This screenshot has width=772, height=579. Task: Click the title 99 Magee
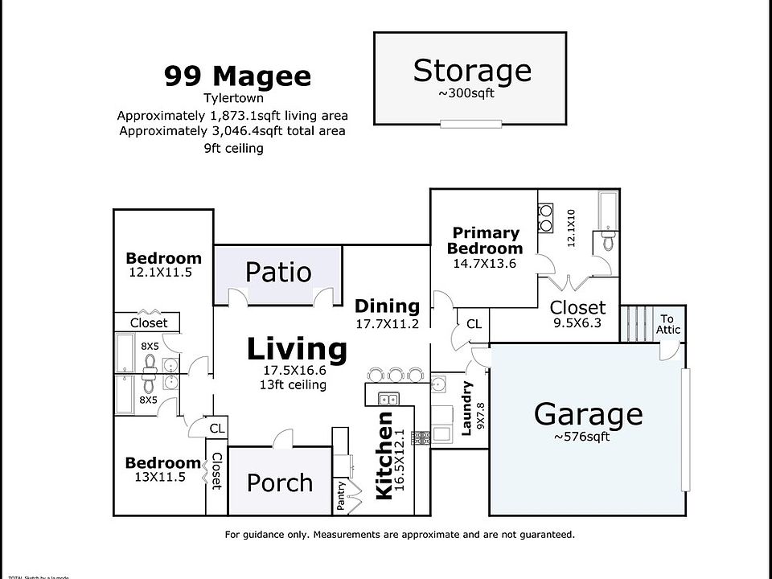click(x=237, y=76)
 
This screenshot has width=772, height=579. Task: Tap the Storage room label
click(x=472, y=71)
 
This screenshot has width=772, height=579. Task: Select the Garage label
click(x=589, y=414)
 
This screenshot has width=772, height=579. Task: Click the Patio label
click(x=278, y=272)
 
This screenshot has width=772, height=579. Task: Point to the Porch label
click(x=279, y=482)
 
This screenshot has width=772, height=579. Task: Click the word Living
click(x=297, y=350)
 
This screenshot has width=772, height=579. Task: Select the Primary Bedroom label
click(x=484, y=240)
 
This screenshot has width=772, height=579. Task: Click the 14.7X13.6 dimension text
click(x=484, y=263)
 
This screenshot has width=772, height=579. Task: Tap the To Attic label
click(x=668, y=324)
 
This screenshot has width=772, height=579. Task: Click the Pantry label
click(x=342, y=496)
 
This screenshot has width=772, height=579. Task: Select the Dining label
click(x=387, y=306)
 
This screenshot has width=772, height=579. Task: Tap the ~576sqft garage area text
click(x=581, y=437)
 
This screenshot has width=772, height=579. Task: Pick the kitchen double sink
click(x=387, y=398)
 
